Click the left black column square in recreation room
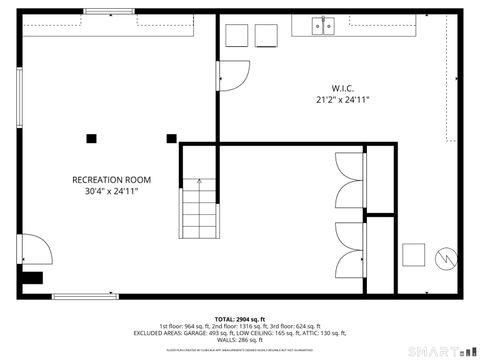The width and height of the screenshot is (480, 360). tap(91, 138)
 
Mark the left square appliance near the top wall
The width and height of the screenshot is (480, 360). tap(237, 35)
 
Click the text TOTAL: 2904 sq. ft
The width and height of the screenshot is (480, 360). tap(239, 318)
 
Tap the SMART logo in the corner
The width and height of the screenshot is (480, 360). tap(439, 349)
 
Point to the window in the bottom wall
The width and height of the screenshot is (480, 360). tap(85, 296)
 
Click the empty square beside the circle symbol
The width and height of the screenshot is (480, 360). tap(414, 255)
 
